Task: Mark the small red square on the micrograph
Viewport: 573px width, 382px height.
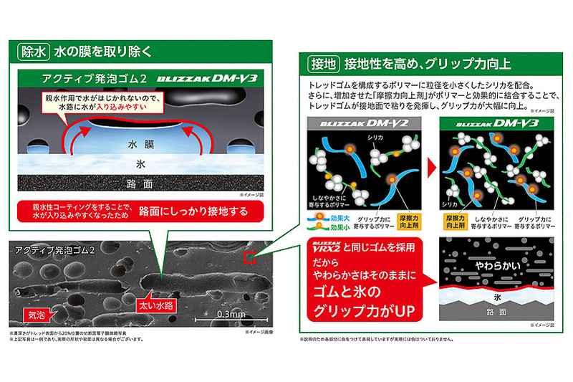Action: [x=249, y=257]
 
